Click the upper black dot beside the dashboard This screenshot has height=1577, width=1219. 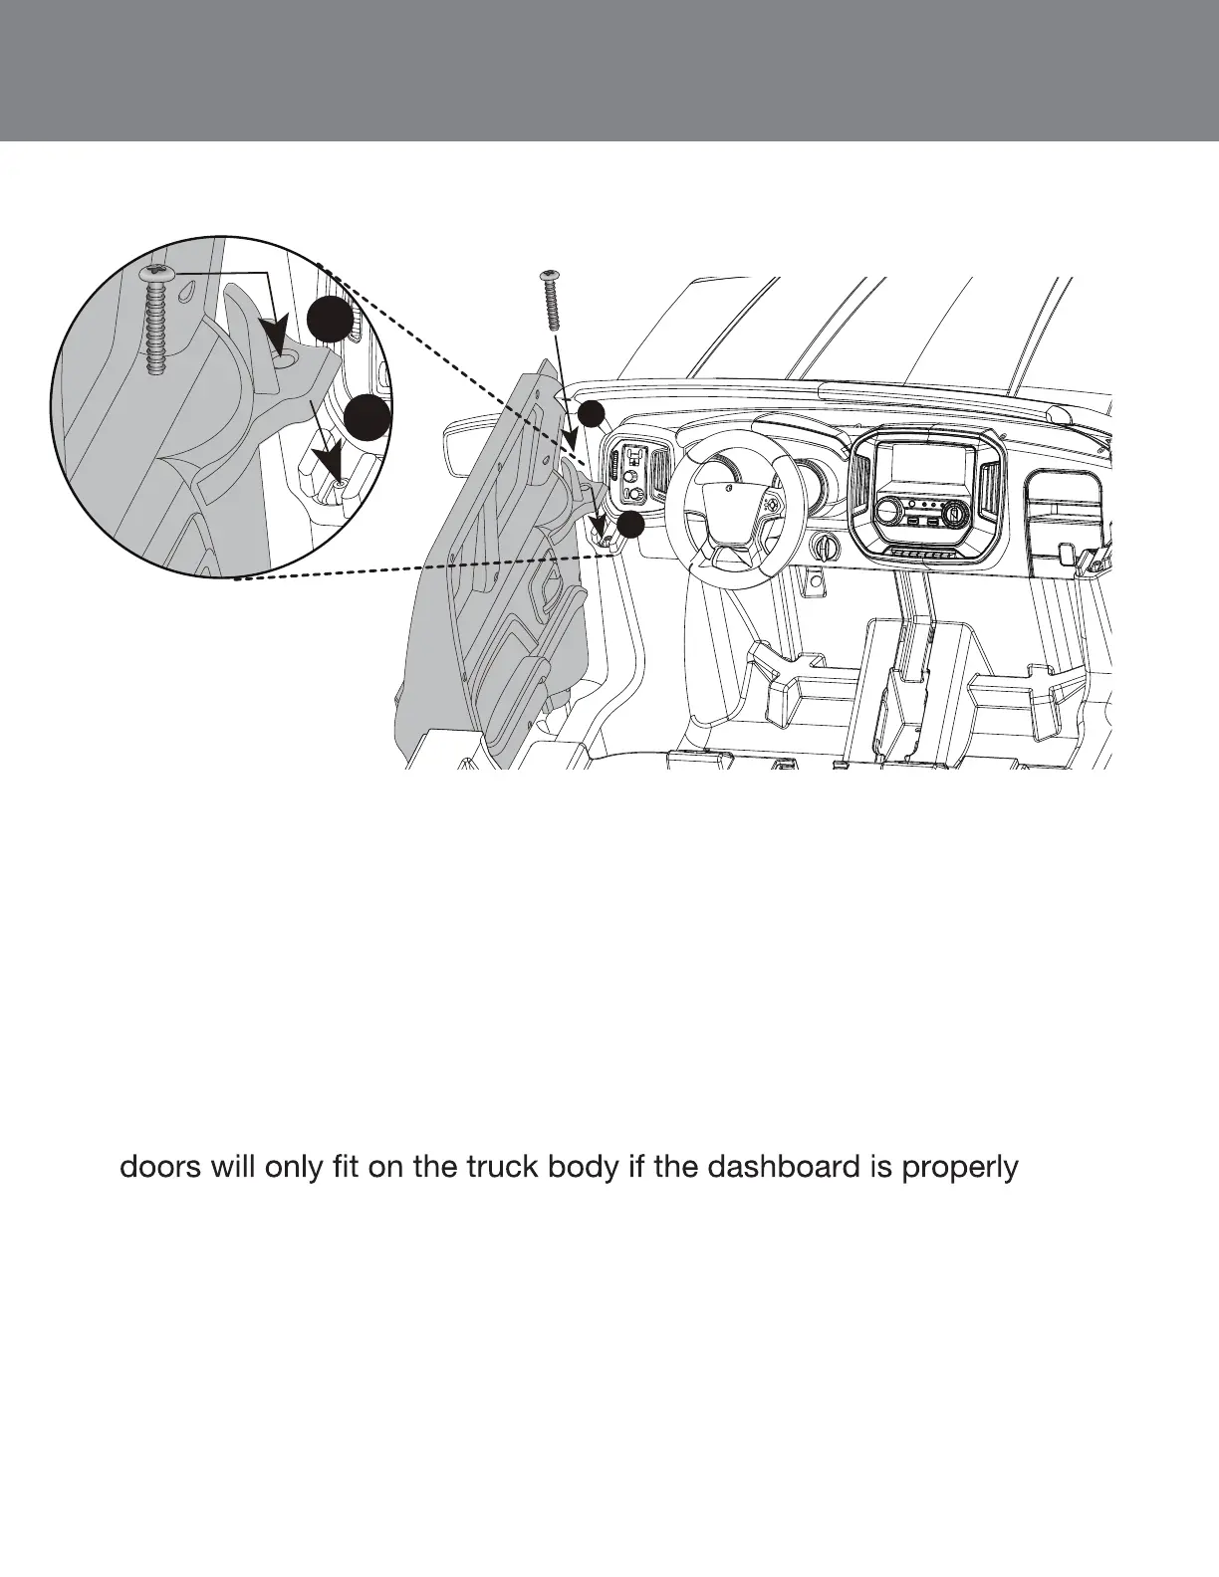point(592,414)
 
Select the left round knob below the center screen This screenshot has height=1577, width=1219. point(884,513)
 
